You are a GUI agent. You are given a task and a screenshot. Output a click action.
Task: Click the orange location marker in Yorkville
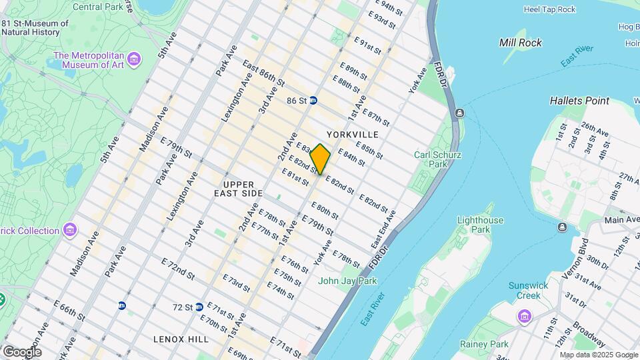[320, 159]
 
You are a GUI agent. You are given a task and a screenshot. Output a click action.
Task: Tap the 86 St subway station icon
[313, 101]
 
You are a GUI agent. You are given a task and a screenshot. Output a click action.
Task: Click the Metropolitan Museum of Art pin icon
[134, 60]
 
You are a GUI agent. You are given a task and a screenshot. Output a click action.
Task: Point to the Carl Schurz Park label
[438, 159]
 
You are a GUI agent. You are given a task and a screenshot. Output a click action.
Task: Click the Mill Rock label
[521, 43]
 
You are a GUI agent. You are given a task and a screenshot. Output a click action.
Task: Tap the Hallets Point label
[579, 101]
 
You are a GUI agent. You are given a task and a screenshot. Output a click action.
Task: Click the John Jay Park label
[347, 281]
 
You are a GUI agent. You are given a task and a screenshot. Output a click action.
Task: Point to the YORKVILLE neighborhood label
[353, 135]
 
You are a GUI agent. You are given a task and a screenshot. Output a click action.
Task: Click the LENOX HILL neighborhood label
[181, 339]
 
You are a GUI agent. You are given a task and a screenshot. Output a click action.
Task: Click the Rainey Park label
[481, 345]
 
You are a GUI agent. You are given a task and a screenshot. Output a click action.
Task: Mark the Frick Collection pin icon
[69, 231]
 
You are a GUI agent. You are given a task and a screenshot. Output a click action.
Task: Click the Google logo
[22, 351]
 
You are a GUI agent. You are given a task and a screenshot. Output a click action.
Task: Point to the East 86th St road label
[263, 75]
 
